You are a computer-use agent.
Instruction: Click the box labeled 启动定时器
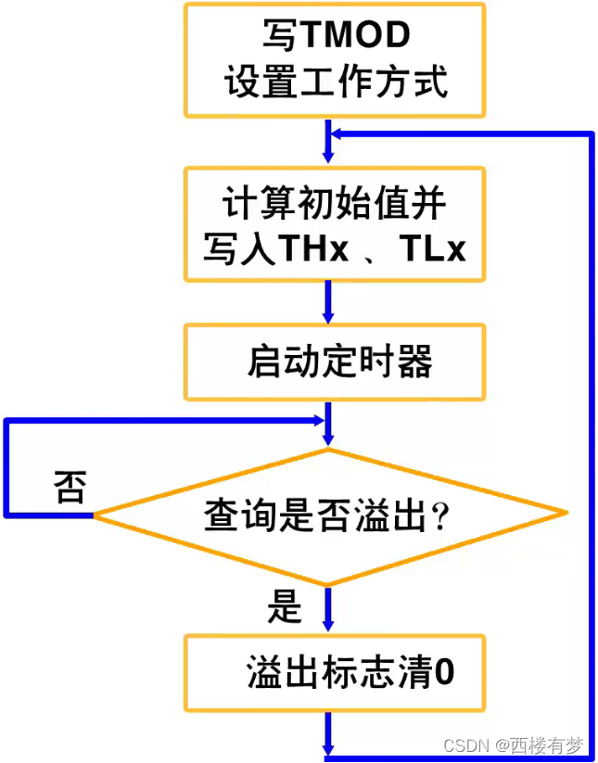point(335,361)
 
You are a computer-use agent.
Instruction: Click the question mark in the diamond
point(440,516)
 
